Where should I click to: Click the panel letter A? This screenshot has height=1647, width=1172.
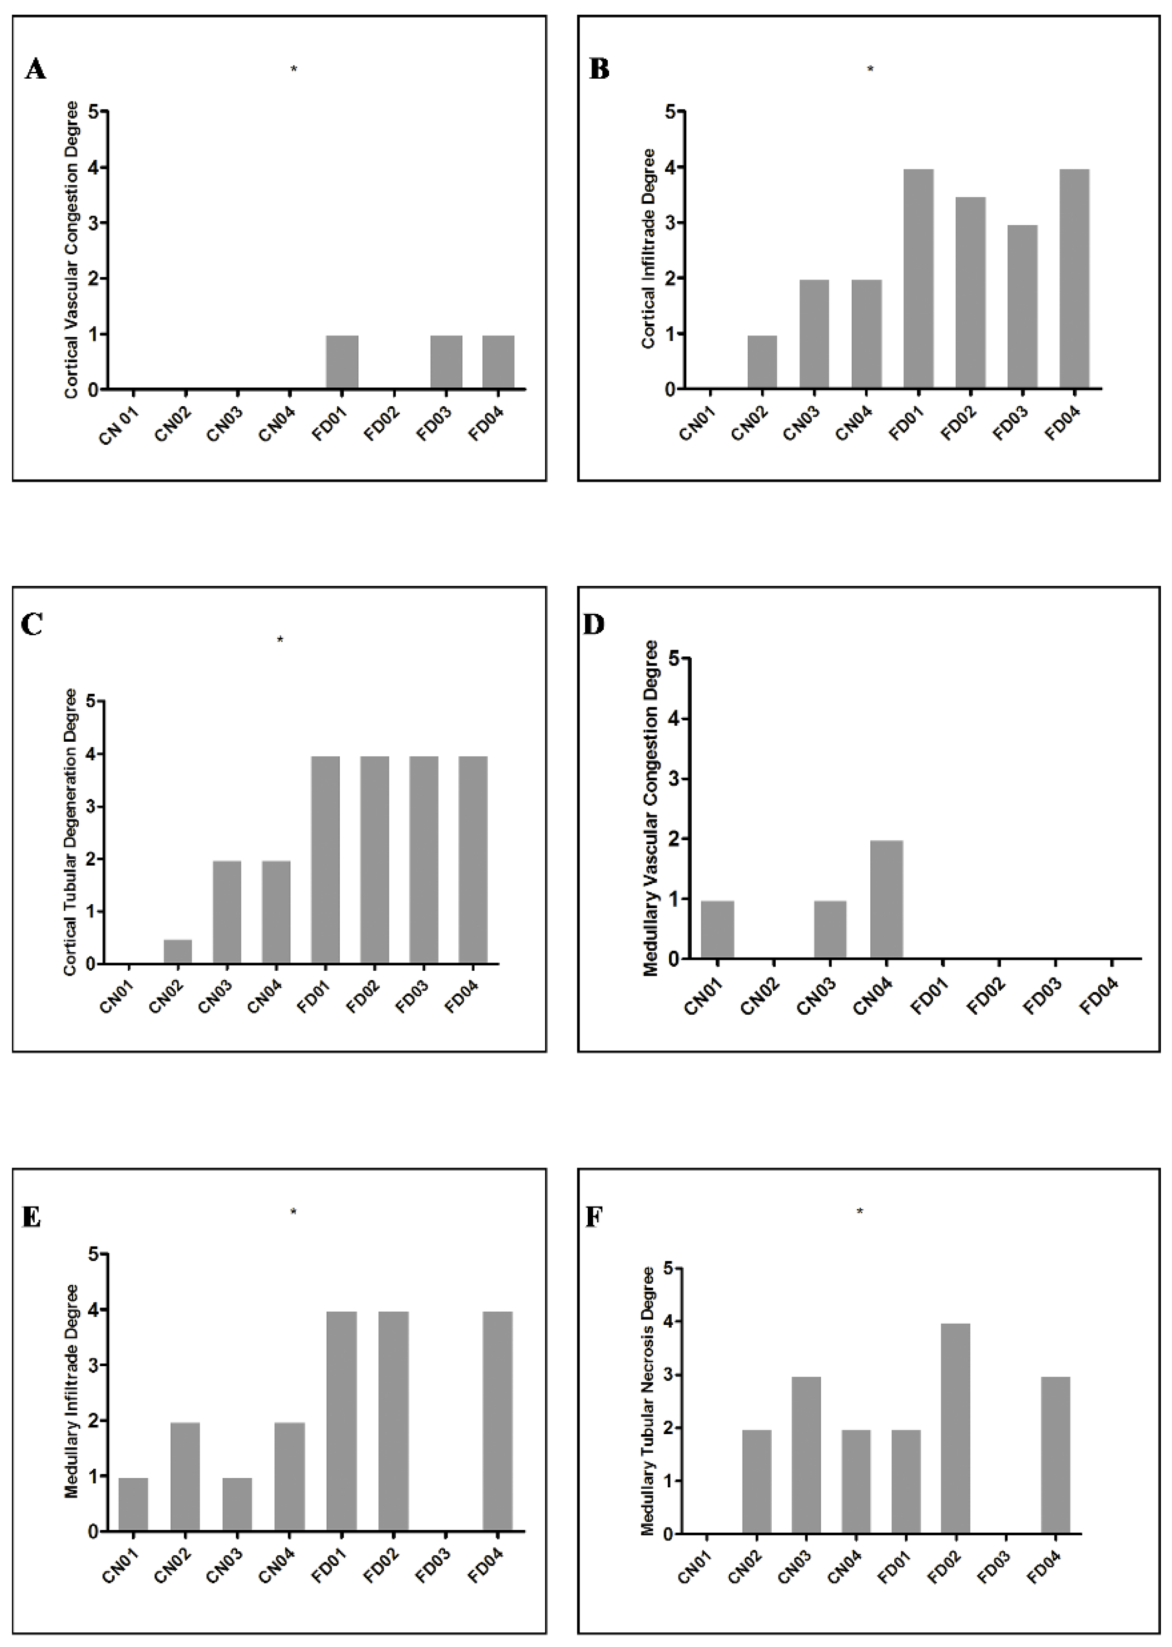pyautogui.click(x=35, y=69)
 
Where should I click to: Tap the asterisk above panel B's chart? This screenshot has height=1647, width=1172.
pyautogui.click(x=870, y=69)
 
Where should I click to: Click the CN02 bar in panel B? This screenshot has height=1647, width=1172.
pyautogui.click(x=762, y=362)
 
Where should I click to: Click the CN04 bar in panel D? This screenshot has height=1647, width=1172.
pyautogui.click(x=886, y=899)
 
